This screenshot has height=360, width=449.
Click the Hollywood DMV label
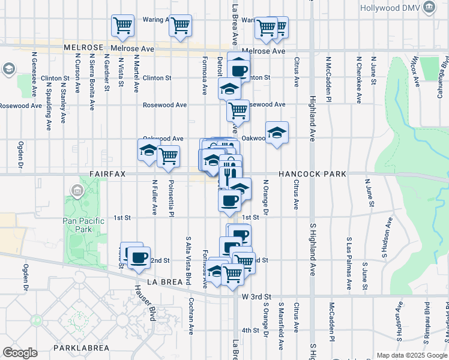pos(391,8)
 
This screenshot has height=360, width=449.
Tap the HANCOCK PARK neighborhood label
pos(312,174)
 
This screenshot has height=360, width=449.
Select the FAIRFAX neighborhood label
pos(107,174)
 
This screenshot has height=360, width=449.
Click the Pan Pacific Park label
pos(83,226)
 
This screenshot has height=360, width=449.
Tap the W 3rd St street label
pos(257,296)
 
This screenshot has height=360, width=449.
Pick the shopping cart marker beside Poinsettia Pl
pos(169,156)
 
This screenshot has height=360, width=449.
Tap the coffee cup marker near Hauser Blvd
pos(139,257)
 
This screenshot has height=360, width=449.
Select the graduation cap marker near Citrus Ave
pos(277,133)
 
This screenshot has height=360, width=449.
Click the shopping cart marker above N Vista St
pos(122,26)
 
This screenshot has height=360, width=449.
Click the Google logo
pos(20,353)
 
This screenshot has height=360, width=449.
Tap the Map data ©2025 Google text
pos(411,355)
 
